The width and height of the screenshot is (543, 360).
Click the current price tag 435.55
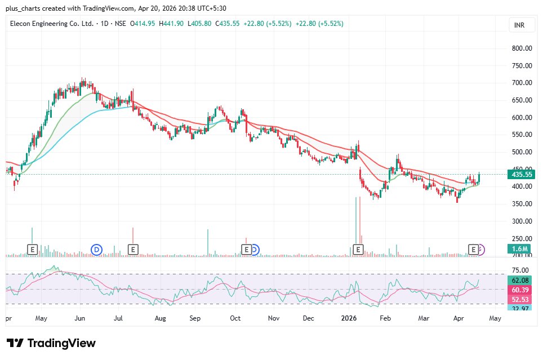(x=521, y=175)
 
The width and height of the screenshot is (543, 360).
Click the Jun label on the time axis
(x=79, y=318)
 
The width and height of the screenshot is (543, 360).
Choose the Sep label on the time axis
(x=195, y=318)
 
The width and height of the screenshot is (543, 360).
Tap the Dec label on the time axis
(x=308, y=318)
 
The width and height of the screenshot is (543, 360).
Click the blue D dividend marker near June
(x=96, y=249)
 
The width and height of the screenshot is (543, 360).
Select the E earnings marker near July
(x=133, y=249)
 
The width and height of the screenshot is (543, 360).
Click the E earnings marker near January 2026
(x=357, y=249)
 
